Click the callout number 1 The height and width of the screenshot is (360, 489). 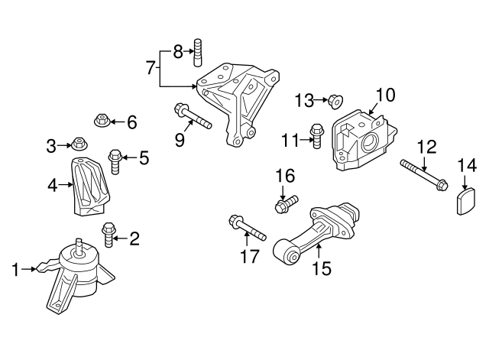(x=15, y=269)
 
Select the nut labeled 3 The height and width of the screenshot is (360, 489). (x=78, y=143)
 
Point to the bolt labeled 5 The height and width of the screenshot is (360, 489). (x=115, y=161)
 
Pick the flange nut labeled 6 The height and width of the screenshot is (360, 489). (x=100, y=120)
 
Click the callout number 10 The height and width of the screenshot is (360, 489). (x=386, y=95)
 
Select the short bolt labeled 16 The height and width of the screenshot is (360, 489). (x=285, y=204)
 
